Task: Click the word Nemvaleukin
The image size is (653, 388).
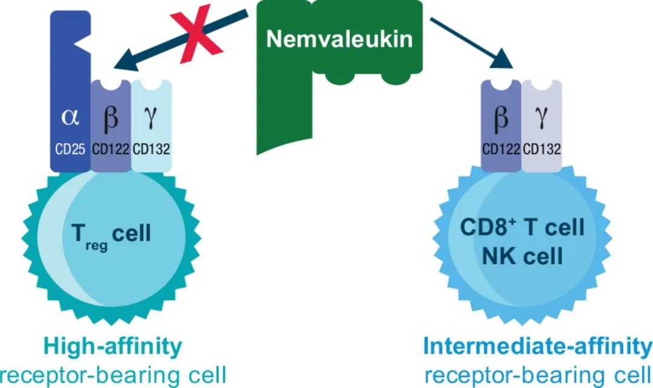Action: (x=340, y=39)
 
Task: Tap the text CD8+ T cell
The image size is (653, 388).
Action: (x=522, y=228)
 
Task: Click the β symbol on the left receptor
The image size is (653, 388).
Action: (x=111, y=117)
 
